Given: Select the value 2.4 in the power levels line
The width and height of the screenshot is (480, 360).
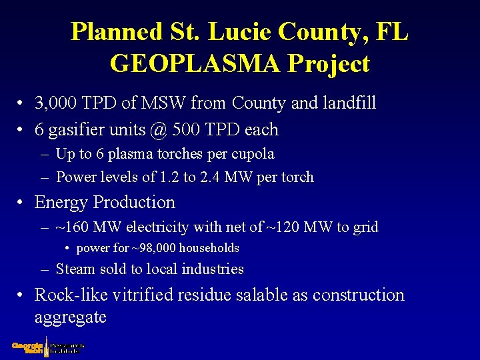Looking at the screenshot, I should (210, 177).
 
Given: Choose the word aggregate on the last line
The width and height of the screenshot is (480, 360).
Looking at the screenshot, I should (70, 317).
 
